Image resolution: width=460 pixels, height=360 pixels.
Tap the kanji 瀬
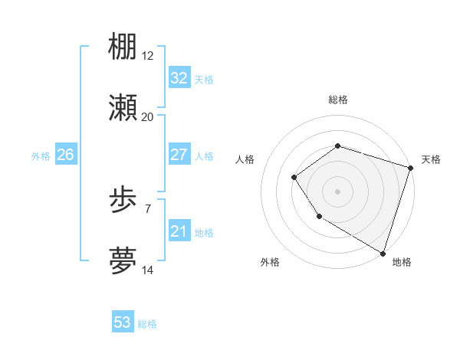123,108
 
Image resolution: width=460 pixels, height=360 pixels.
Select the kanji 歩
123,201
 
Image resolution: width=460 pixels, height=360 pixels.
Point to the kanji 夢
123,261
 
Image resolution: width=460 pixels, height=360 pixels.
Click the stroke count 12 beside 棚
148,55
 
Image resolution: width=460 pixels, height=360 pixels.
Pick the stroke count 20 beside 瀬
148,117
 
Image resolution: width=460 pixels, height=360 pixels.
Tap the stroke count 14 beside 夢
148,270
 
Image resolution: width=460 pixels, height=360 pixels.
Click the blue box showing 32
179,77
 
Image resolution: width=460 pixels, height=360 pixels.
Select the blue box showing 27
179,154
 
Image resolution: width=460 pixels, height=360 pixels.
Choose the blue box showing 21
179,231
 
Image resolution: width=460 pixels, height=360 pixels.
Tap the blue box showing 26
65,155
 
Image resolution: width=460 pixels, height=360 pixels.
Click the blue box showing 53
122,322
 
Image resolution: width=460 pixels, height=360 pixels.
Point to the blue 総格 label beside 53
147,324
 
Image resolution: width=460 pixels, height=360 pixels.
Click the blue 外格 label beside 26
41,156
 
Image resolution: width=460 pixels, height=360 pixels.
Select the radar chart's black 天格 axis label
431,159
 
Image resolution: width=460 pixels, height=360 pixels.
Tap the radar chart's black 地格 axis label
402,262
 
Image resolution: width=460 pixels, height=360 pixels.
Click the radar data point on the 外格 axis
319,218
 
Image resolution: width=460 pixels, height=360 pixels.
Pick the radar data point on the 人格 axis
294,178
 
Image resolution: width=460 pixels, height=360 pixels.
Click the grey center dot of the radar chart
337,191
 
